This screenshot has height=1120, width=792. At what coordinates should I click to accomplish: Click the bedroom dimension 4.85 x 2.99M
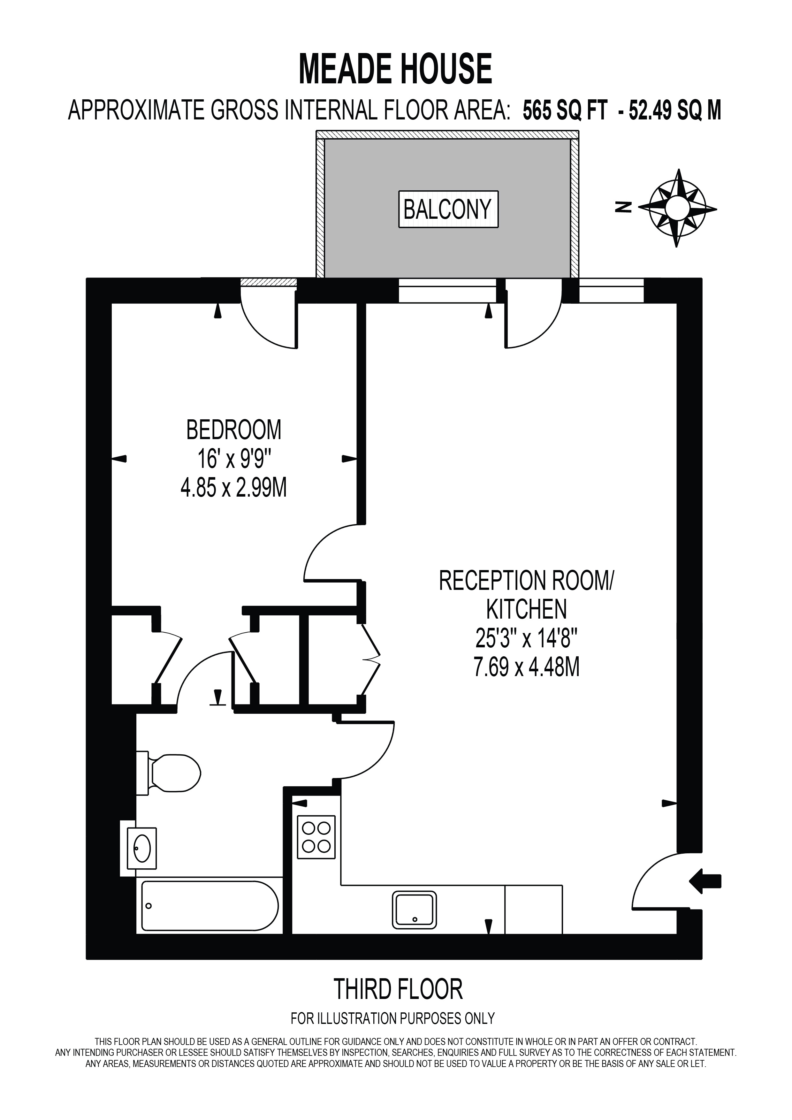pyautogui.click(x=233, y=487)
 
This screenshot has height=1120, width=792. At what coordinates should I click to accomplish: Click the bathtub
pyautogui.click(x=210, y=905)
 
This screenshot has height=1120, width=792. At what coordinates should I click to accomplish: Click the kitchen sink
pyautogui.click(x=415, y=910)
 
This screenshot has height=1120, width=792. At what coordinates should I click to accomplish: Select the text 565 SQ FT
pyautogui.click(x=565, y=111)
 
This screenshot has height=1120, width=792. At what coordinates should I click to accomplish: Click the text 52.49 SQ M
pyautogui.click(x=675, y=111)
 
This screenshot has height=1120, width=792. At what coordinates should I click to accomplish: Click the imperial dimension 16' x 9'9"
pyautogui.click(x=233, y=459)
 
